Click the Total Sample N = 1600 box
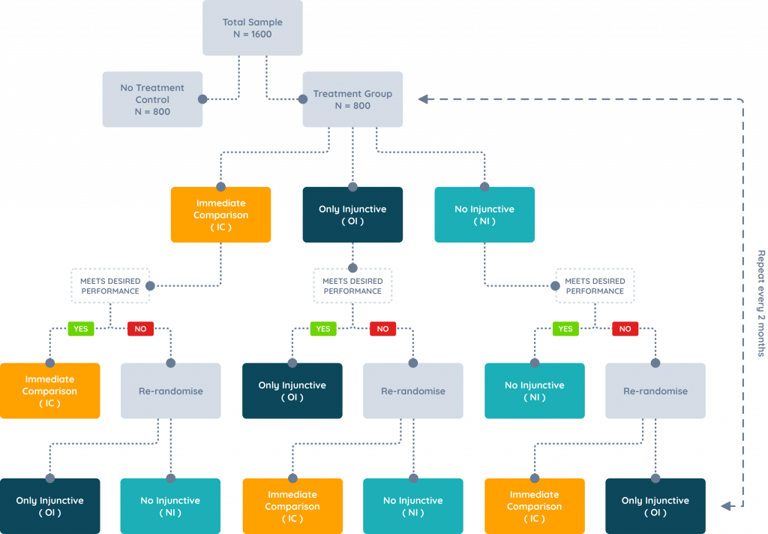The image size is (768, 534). point(253,28)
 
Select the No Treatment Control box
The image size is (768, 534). point(152,99)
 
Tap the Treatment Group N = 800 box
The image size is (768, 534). point(352,99)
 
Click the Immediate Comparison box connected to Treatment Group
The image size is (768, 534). point(220,215)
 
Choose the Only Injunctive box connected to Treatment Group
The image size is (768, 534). point(352,215)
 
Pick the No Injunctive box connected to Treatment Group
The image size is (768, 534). point(484,215)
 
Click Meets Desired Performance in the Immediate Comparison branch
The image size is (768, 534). point(110,286)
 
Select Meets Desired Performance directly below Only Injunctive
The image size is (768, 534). point(352,286)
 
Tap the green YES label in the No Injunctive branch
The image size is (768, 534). point(565,329)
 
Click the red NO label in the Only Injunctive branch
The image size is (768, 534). point(382,329)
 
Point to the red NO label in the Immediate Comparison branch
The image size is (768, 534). point(140,329)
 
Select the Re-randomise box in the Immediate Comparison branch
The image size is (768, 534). point(170,391)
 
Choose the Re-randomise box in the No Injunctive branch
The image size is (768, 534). point(655,391)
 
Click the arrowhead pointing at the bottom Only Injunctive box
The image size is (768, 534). point(726,506)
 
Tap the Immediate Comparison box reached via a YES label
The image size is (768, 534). point(49,391)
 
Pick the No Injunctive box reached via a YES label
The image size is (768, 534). point(535,391)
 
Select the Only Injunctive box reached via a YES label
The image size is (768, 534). point(292,391)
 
